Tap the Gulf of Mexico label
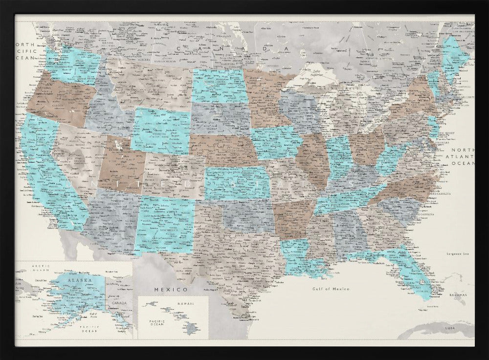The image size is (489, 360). point(331,289)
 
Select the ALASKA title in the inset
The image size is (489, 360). point(76,281)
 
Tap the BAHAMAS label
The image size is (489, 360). point(458,295)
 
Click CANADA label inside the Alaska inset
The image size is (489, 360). point(119,302)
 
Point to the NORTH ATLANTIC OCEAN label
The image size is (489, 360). point(462,157)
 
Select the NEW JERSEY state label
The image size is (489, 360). point(447,133)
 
